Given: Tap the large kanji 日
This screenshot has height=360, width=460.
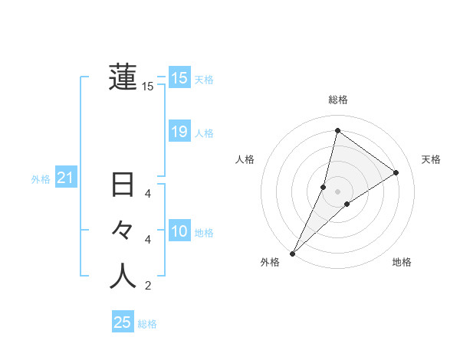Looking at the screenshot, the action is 123,185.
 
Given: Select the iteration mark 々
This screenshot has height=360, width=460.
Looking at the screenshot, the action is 123,230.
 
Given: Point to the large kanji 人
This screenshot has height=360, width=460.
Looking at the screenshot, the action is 123,276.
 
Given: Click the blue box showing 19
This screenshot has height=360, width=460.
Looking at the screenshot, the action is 179,132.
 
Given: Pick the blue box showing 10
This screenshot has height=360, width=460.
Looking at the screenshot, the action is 179,231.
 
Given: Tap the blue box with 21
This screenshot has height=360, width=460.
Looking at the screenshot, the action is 66,178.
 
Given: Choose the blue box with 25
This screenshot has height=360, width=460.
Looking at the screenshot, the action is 123,322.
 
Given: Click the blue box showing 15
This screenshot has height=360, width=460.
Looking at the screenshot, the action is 179,78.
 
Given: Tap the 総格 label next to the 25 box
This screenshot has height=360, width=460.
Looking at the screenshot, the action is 147,324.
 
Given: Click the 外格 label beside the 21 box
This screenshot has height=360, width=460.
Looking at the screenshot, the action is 41,179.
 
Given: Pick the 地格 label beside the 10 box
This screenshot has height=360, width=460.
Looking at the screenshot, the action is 204,233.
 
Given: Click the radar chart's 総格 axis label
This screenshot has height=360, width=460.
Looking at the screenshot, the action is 337,100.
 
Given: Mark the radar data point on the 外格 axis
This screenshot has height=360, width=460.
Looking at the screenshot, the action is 293,253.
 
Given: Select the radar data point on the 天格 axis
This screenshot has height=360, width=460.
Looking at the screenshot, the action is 396,172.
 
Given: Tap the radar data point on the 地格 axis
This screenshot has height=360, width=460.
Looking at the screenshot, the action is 347,204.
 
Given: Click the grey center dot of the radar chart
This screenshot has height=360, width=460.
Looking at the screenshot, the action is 337,191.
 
